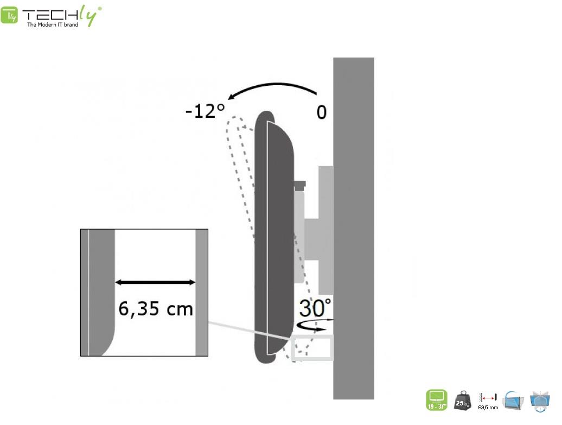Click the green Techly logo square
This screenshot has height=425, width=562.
(x=9, y=15)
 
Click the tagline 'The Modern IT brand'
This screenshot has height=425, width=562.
(x=53, y=25)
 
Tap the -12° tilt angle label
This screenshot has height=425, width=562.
(x=205, y=111)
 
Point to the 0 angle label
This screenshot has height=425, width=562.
(x=322, y=112)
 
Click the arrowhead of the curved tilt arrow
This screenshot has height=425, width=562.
(x=231, y=97)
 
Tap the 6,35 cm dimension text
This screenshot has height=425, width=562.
(x=156, y=308)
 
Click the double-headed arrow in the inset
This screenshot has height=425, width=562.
(x=155, y=283)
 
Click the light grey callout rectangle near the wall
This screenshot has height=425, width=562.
(x=312, y=335)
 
